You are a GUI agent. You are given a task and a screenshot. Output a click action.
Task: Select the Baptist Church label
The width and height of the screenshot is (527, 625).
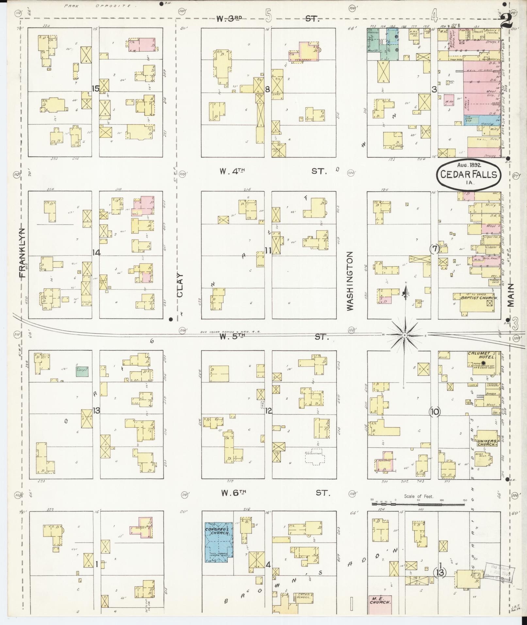479,298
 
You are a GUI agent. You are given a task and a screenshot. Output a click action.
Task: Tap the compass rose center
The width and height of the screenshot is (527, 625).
404,335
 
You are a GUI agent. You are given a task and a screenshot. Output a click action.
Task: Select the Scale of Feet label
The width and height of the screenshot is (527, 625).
419,496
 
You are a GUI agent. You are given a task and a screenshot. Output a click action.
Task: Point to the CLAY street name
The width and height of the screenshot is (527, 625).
180,285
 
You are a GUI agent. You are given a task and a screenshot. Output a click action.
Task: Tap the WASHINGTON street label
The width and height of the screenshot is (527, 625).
350,281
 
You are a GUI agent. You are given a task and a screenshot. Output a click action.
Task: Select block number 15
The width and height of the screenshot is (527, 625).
95,88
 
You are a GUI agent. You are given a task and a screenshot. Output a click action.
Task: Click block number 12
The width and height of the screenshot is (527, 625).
269,411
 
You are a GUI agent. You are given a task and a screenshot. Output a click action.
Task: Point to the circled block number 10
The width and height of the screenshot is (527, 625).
435,412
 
